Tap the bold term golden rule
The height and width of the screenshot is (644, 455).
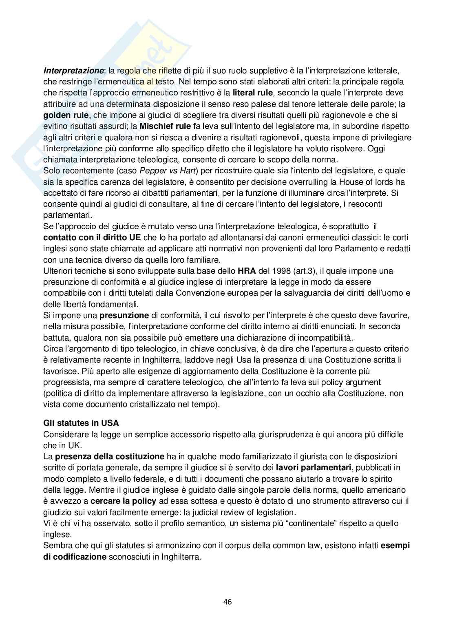click(66, 115)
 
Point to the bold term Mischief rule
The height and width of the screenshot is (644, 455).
click(165, 126)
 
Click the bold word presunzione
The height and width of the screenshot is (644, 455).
click(124, 315)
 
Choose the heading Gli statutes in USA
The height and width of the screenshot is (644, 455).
click(81, 423)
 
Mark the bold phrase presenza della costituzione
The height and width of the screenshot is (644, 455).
click(110, 456)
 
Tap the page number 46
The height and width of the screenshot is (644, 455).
click(227, 602)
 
